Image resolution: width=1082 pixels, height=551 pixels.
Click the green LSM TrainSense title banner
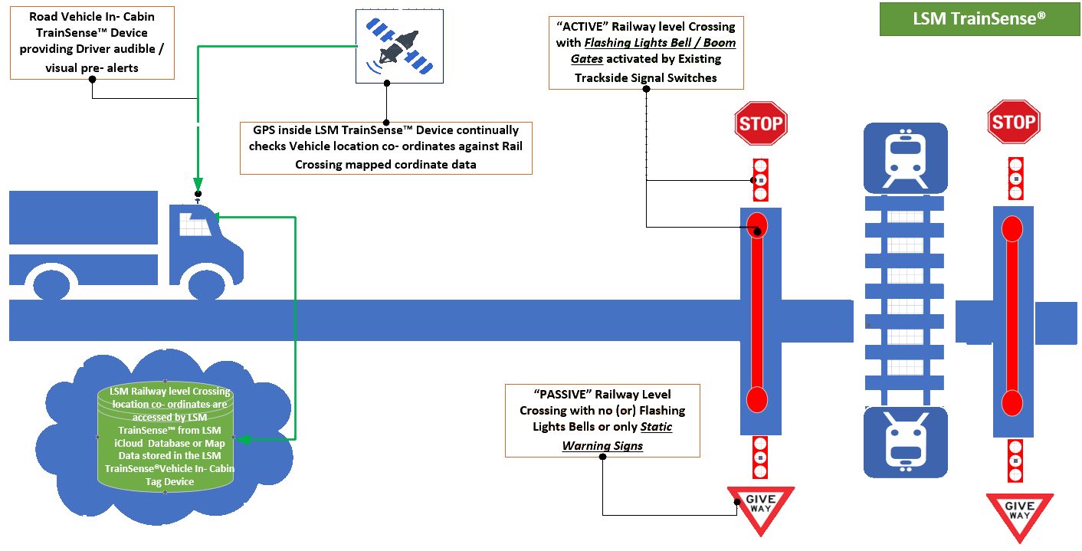click(x=979, y=18)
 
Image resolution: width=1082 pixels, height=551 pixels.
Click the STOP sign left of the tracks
click(x=761, y=123)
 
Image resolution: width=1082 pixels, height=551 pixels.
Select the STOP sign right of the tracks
click(x=1013, y=122)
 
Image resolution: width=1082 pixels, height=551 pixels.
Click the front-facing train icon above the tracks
click(x=905, y=158)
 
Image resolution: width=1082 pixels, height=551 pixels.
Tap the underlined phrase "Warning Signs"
click(x=602, y=445)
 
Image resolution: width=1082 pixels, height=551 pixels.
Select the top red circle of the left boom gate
click(x=756, y=224)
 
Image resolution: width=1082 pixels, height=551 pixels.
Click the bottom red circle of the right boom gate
click(x=1012, y=402)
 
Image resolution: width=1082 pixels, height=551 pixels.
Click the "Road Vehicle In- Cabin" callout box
click(x=92, y=42)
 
